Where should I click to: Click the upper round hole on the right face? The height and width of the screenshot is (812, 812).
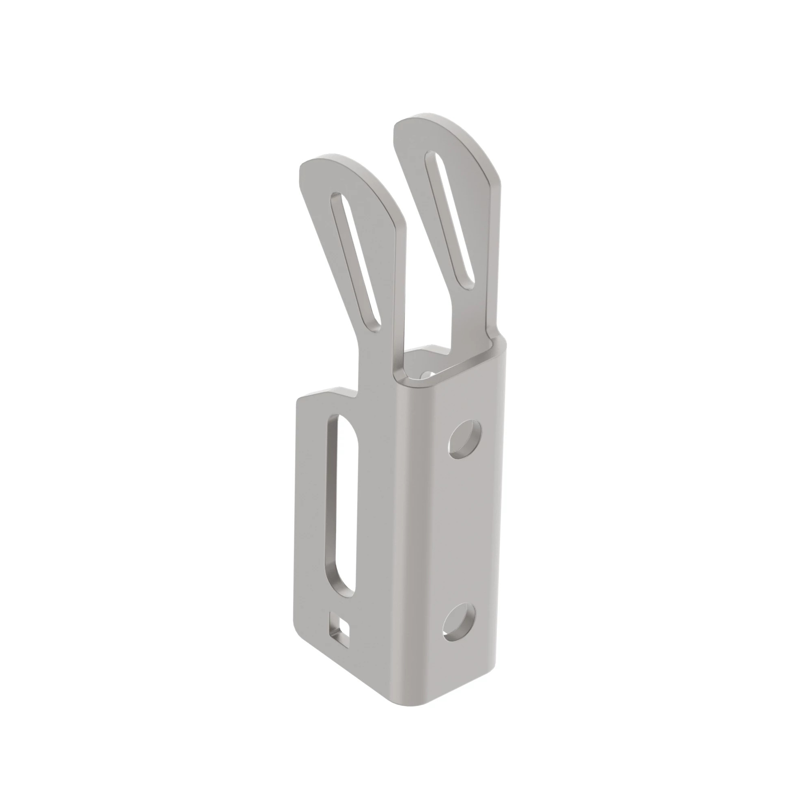pyautogui.click(x=465, y=441)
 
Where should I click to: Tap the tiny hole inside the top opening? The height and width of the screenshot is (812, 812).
pyautogui.click(x=427, y=373)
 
